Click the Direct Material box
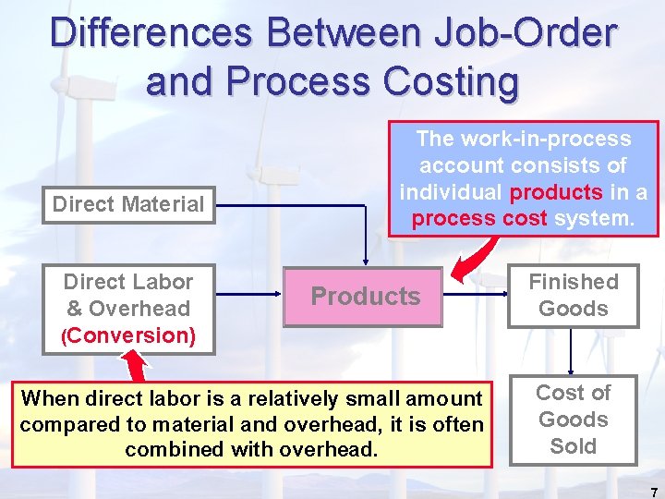[128, 204]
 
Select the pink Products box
[364, 296]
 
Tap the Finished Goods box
[573, 295]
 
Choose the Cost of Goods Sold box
[573, 420]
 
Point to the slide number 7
[654, 493]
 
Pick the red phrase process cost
[478, 219]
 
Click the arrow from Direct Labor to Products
[249, 296]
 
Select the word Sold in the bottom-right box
[573, 446]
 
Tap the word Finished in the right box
[573, 282]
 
